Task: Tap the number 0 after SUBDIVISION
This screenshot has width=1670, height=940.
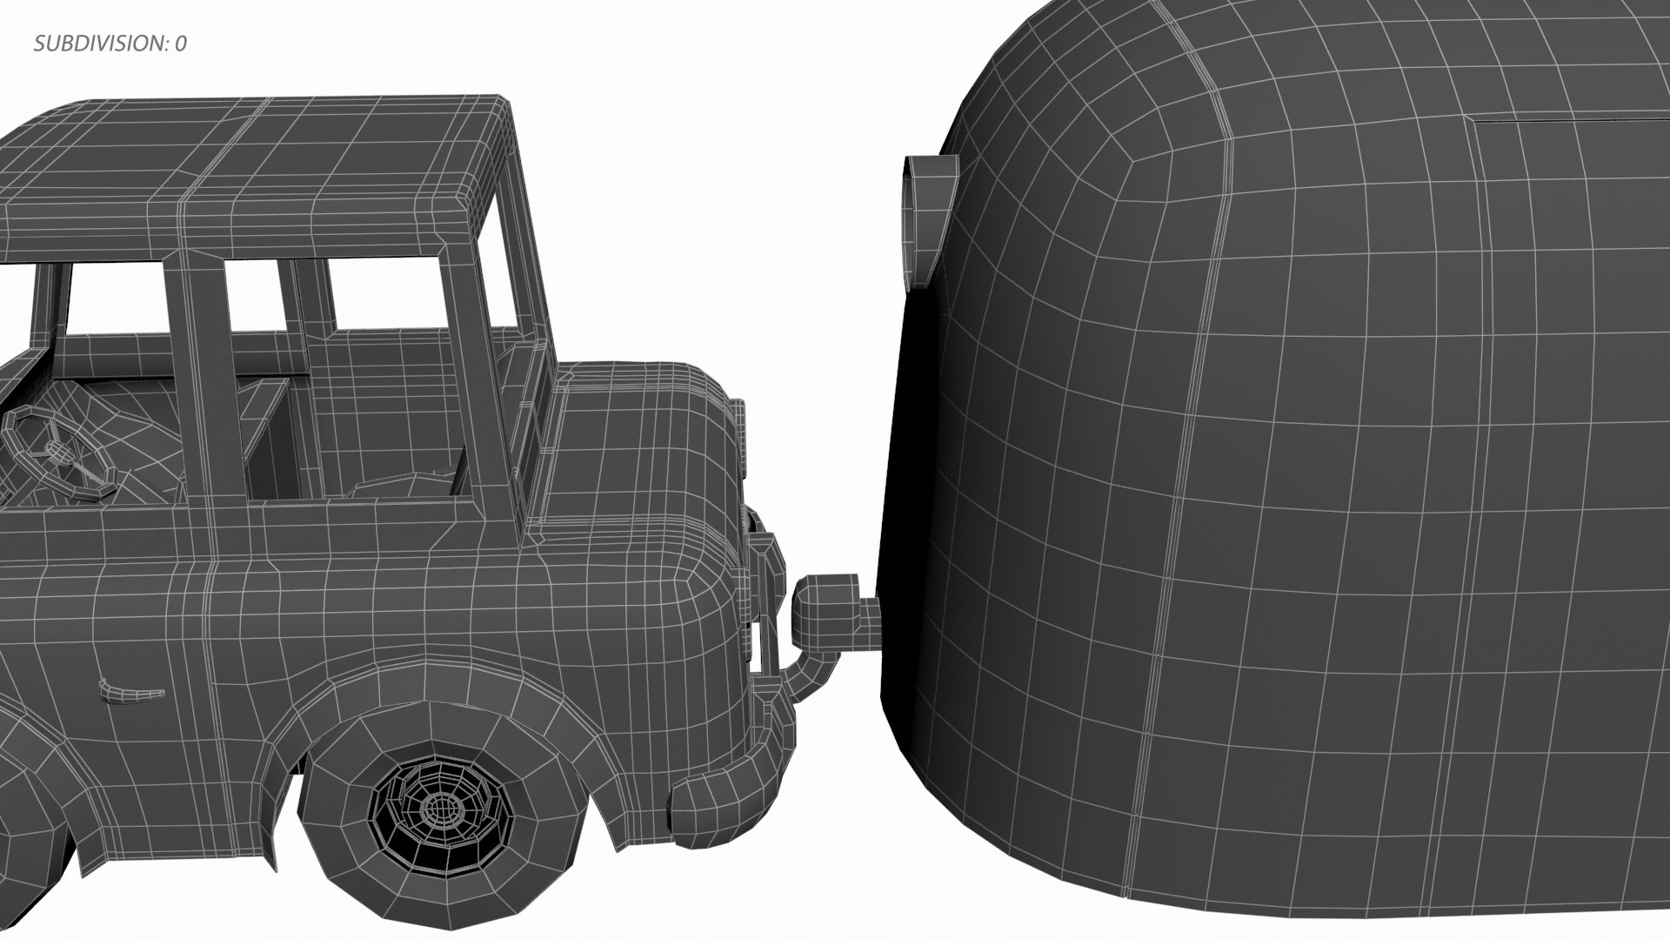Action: (180, 44)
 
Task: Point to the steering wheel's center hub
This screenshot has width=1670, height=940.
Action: (59, 452)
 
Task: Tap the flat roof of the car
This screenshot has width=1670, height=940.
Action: (252, 165)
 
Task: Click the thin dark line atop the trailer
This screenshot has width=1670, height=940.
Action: (1566, 120)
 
